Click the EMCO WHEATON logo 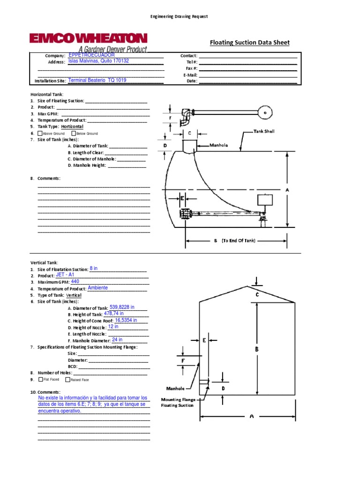[x=88, y=39]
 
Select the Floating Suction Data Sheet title [x=249, y=43]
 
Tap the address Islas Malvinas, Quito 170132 [x=98, y=61]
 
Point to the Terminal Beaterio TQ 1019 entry [x=97, y=80]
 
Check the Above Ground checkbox [x=40, y=134]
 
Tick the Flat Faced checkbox [x=41, y=379]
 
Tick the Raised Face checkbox [x=68, y=379]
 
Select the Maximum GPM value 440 [x=75, y=282]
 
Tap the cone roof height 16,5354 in [x=126, y=320]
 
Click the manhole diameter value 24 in [x=117, y=339]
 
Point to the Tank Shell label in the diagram [x=264, y=131]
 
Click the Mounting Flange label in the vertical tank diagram [x=178, y=400]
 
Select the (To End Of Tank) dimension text [x=239, y=240]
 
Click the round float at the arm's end [x=266, y=112]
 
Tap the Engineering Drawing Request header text [x=179, y=16]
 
